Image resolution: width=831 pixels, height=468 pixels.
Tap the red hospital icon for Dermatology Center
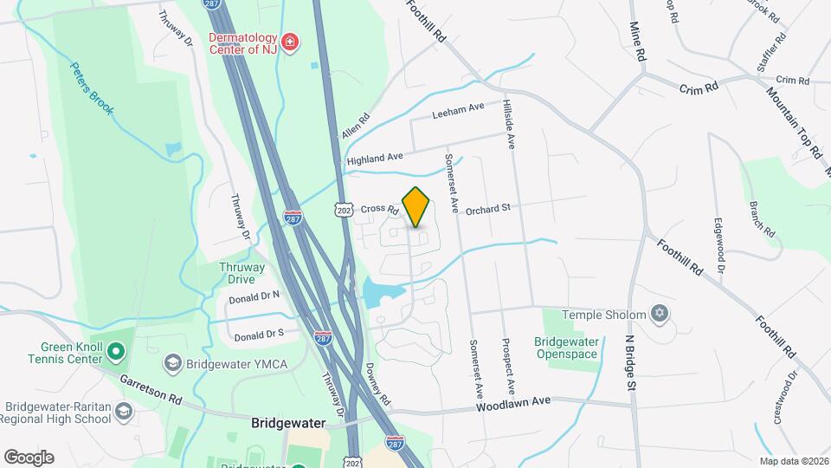tap(290, 41)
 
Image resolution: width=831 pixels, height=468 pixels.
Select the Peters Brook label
tap(92, 88)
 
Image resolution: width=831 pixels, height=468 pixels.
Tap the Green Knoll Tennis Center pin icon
tap(118, 350)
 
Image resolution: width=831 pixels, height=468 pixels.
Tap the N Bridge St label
tap(631, 361)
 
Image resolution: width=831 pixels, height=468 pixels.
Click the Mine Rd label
tap(639, 42)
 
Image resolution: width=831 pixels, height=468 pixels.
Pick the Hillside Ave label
tap(509, 124)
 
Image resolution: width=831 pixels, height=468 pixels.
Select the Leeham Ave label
tap(458, 110)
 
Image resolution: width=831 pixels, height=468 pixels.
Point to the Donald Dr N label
tap(254, 297)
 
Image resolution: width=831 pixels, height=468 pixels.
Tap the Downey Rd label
tap(379, 386)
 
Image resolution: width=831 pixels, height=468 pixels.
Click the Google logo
tap(29, 457)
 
